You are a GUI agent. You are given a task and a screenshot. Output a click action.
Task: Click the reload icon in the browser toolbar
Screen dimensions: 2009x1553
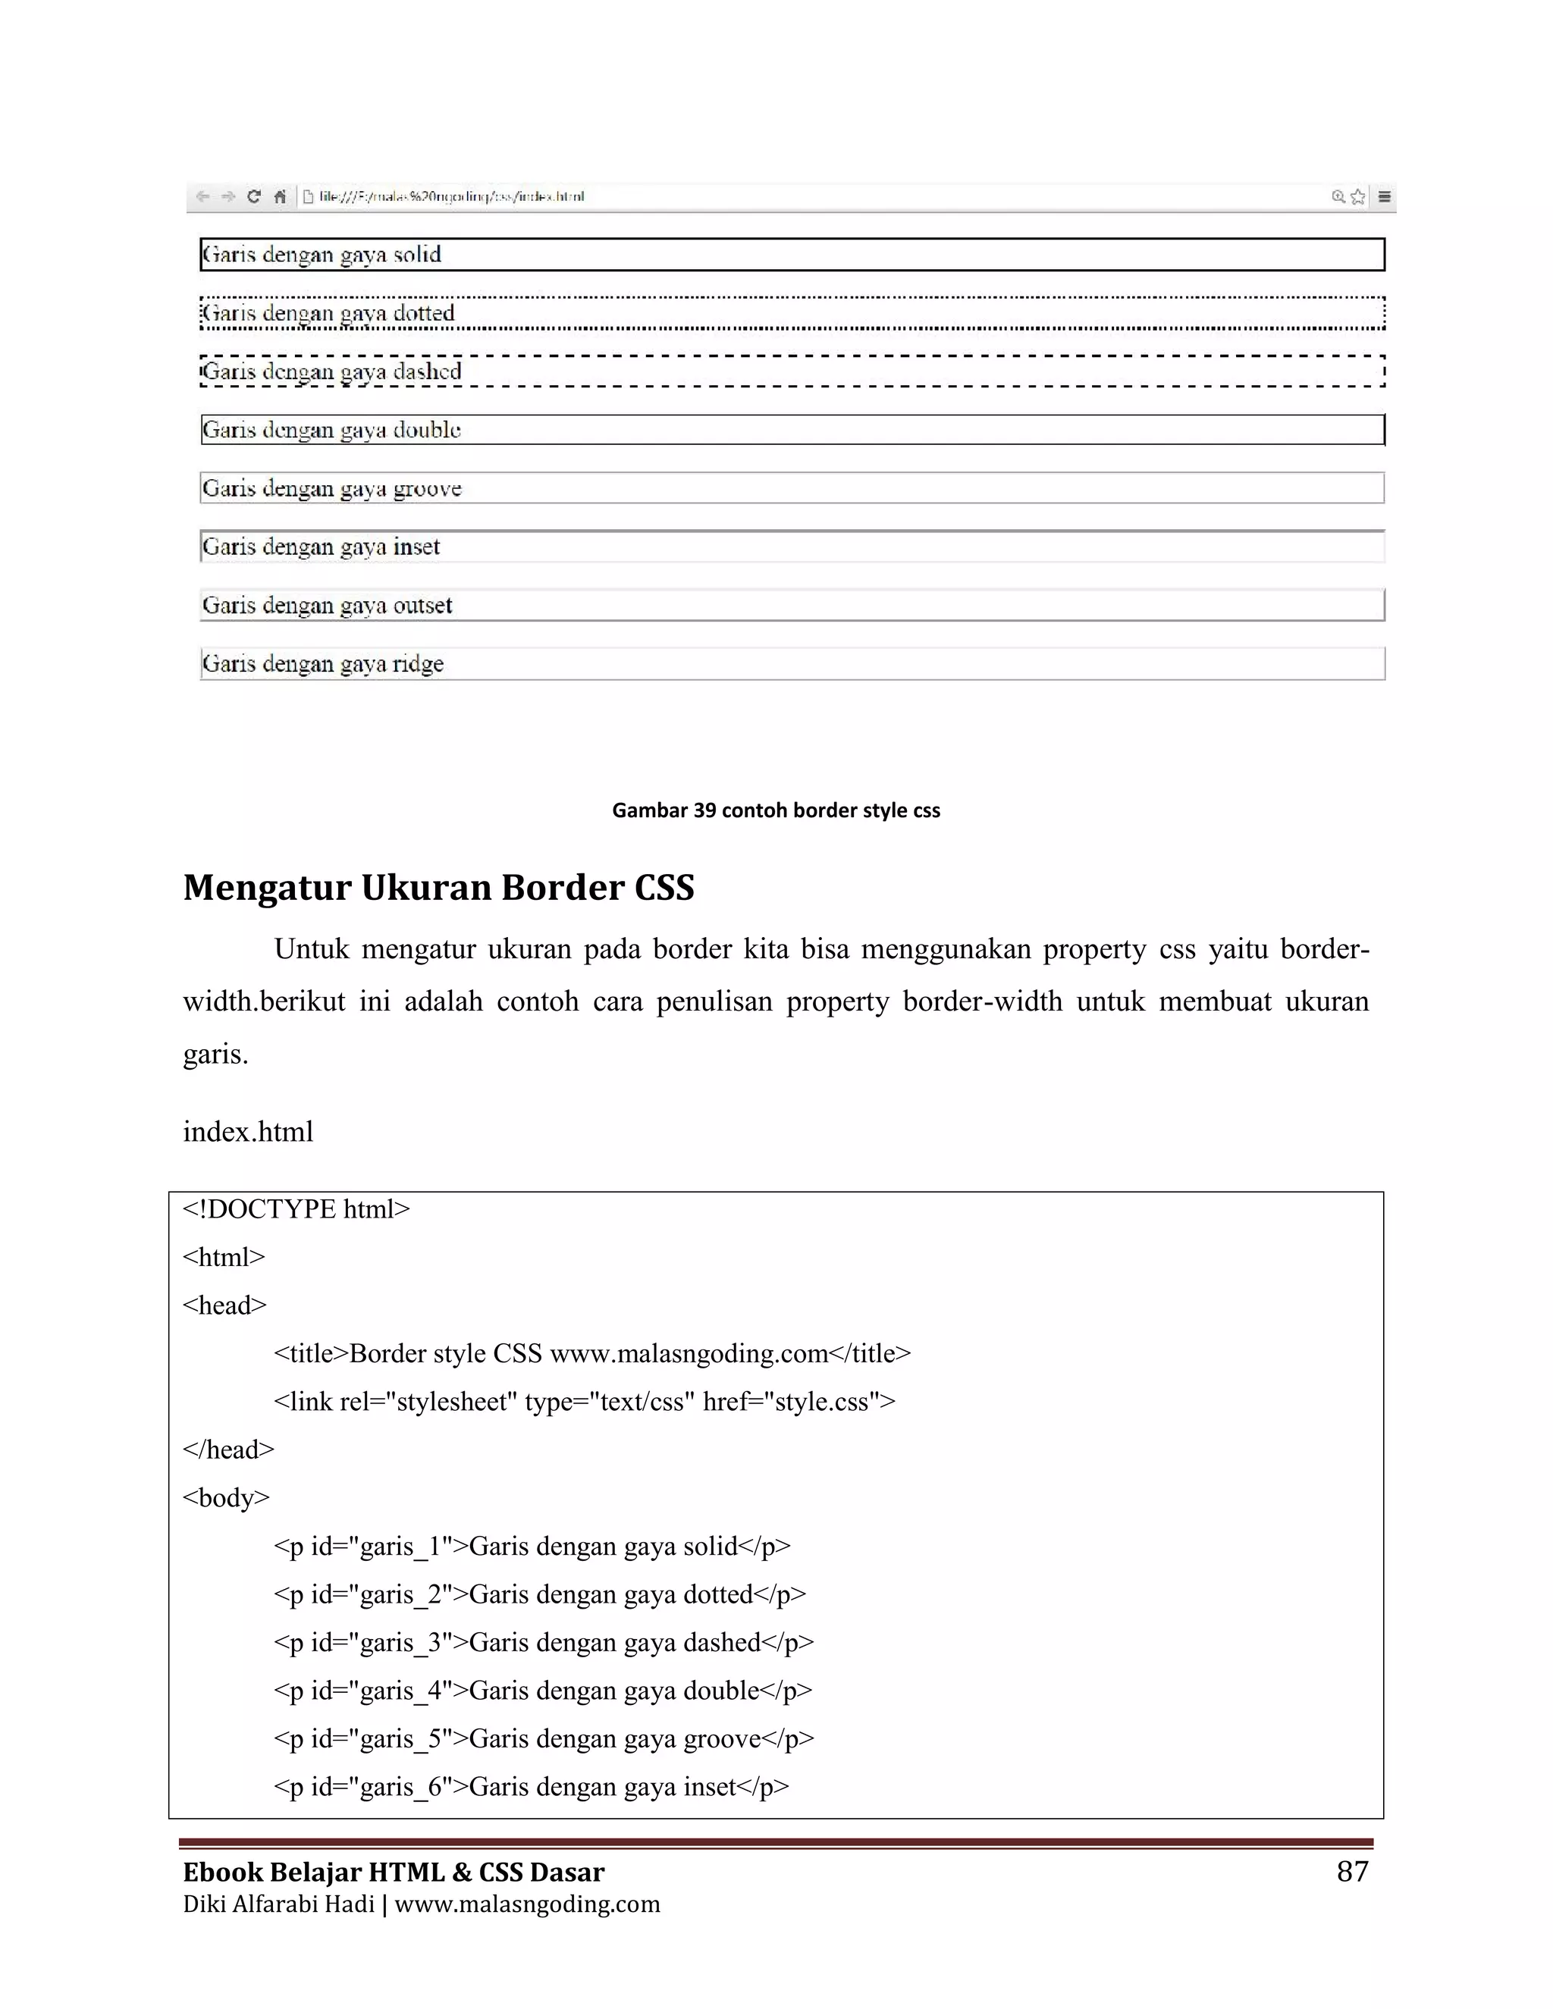click(254, 196)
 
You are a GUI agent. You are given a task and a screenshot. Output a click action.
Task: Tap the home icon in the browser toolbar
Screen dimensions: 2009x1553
click(280, 196)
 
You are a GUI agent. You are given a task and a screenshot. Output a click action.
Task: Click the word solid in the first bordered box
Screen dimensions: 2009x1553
click(417, 255)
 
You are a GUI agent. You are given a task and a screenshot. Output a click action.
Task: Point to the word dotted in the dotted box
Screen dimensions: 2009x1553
click(423, 314)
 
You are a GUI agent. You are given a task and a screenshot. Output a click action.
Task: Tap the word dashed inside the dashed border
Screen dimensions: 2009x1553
click(427, 371)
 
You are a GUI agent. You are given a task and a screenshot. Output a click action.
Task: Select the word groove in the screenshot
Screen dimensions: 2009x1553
click(427, 488)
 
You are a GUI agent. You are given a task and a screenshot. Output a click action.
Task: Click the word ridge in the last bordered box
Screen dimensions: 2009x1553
click(418, 664)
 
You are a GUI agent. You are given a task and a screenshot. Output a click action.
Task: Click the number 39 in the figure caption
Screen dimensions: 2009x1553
click(704, 810)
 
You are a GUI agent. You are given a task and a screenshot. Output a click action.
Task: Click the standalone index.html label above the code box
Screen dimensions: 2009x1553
click(249, 1131)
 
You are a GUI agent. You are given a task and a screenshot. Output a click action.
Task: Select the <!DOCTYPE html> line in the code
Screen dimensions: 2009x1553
click(296, 1208)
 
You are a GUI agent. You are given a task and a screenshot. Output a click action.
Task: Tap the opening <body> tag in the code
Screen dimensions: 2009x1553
click(226, 1497)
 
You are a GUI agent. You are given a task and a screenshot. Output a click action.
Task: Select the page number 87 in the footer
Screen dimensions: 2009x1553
click(1351, 1871)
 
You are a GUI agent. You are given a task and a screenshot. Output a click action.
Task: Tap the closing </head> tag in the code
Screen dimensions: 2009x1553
click(228, 1450)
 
